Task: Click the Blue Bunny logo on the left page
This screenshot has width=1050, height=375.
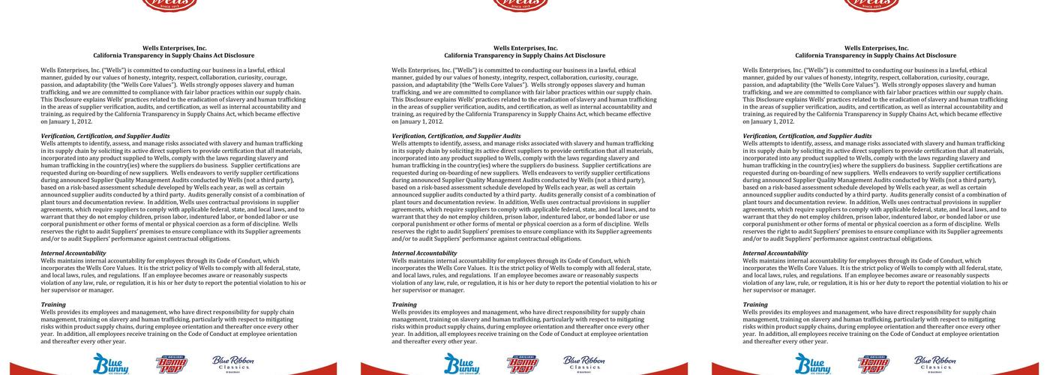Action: tap(110, 364)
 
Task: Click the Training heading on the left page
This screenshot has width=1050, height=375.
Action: tap(53, 304)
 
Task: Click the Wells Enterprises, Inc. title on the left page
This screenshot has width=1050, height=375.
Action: tap(174, 48)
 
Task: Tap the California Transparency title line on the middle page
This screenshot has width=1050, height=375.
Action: tap(524, 55)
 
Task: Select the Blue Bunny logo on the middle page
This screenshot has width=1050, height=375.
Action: tap(461, 364)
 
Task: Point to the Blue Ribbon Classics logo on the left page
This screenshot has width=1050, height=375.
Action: tap(232, 363)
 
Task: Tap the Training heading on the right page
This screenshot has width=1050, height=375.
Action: tap(755, 304)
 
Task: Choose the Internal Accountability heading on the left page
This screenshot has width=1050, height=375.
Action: tap(73, 253)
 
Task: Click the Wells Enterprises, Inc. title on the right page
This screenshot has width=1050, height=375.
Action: tap(876, 48)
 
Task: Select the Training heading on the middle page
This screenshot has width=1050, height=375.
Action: tap(404, 304)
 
